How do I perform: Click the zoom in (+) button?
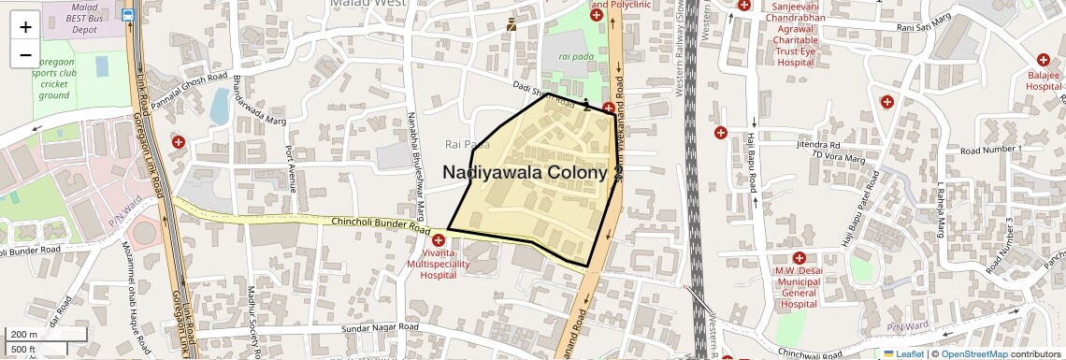tap(25, 26)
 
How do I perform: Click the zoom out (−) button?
tap(25, 54)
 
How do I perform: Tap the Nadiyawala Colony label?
tap(524, 173)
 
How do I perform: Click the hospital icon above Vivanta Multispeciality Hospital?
tap(438, 241)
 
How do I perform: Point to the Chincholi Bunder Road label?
tap(381, 225)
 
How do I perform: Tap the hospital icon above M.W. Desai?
tap(799, 258)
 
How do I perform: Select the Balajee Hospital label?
tap(1044, 79)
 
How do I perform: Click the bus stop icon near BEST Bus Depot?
tap(127, 15)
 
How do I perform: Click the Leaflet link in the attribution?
tap(903, 353)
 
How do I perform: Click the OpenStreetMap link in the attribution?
tap(973, 353)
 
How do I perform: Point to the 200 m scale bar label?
tap(24, 334)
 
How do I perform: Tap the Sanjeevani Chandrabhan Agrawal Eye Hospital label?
tap(790, 34)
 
